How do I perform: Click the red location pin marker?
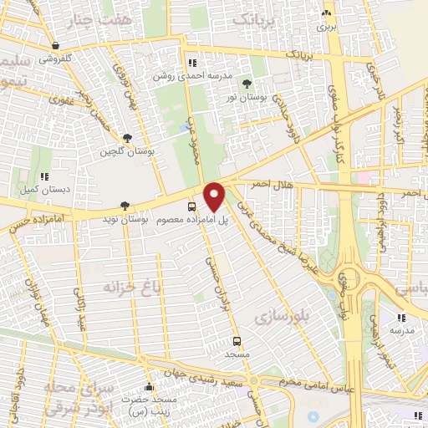click(215, 196)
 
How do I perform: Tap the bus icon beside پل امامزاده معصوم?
click(192, 206)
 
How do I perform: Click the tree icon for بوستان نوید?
click(125, 205)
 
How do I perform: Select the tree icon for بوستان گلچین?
click(126, 139)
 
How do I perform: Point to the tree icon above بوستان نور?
click(247, 84)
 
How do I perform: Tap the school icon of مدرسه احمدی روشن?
click(192, 62)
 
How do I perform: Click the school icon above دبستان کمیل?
click(44, 176)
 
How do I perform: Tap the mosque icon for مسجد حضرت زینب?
click(149, 386)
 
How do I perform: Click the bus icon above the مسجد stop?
click(237, 341)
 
